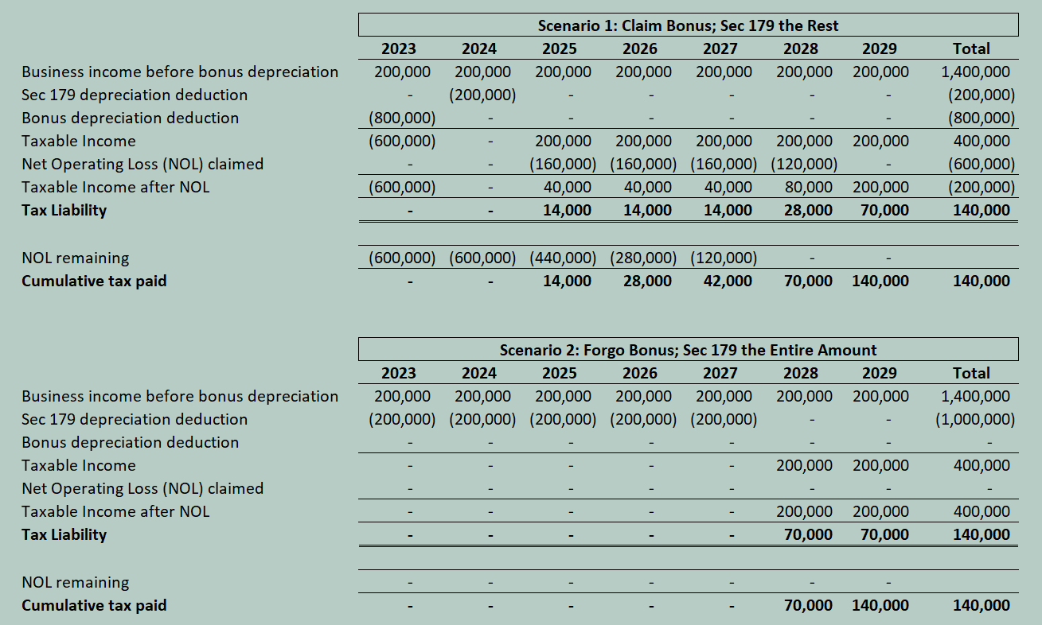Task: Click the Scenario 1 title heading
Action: [688, 25]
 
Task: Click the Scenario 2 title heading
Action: [688, 350]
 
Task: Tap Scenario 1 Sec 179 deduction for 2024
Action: [482, 95]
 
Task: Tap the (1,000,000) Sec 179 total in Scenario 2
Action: [975, 419]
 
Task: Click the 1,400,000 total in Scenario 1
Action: [975, 72]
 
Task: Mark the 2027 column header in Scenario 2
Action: [720, 373]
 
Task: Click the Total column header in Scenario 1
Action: [971, 49]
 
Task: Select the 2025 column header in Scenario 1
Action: [559, 49]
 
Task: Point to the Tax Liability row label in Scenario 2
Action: [64, 534]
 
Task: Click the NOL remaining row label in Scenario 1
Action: [75, 258]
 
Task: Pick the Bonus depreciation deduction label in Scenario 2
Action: [130, 442]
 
